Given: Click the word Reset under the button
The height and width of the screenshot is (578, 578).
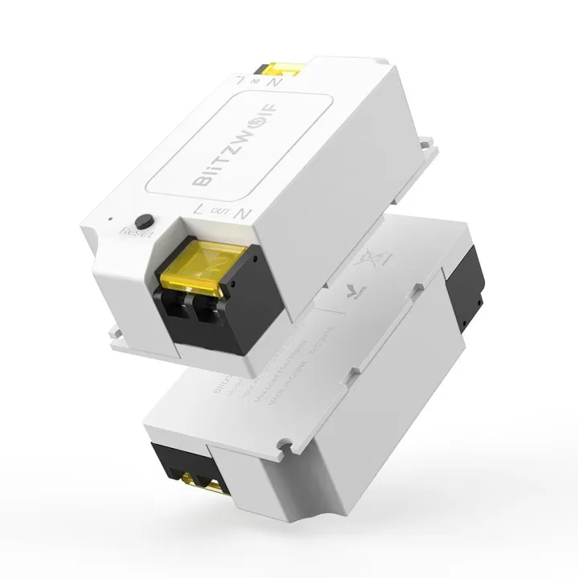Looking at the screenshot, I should tap(134, 231).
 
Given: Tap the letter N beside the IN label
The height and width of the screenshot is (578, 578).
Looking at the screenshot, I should tap(275, 81).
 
